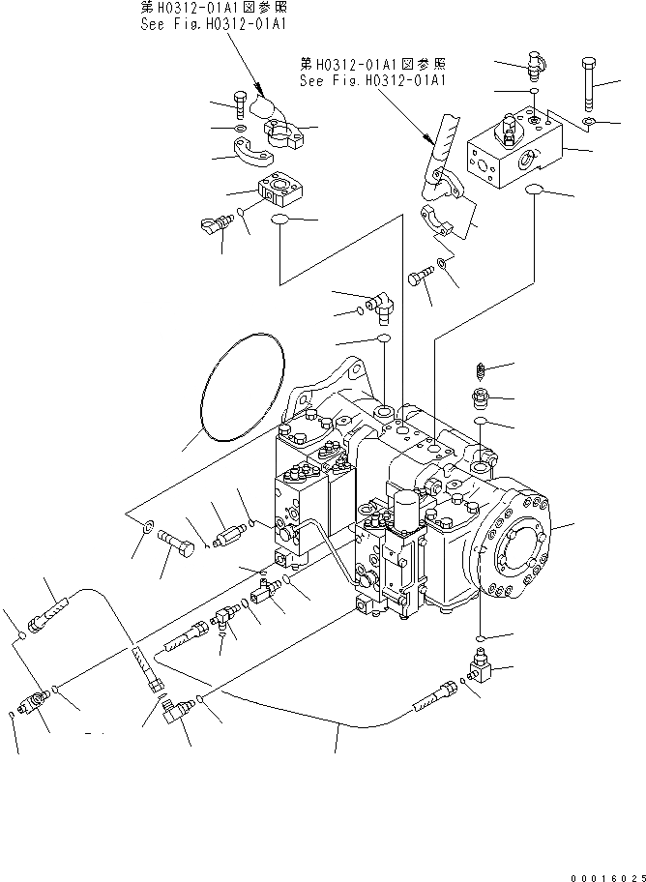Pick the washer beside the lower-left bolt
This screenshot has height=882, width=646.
click(x=145, y=528)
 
